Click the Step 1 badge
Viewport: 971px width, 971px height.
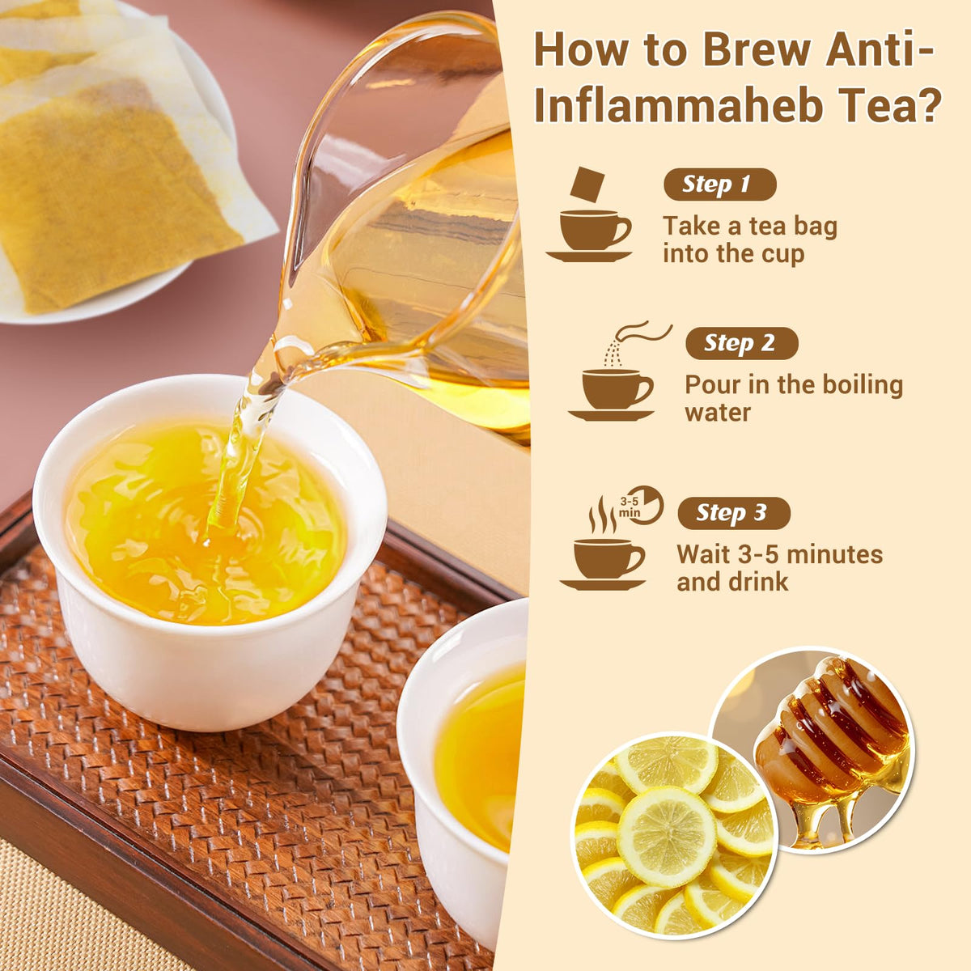(719, 184)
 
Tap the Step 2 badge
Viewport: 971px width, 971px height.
(742, 343)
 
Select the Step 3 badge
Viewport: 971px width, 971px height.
(734, 513)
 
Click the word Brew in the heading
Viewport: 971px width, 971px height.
(757, 50)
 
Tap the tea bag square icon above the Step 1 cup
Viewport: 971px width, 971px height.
(587, 184)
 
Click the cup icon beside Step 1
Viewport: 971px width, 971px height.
(589, 235)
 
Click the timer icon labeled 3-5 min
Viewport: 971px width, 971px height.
(640, 506)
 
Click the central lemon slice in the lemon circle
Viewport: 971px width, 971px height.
(667, 837)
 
